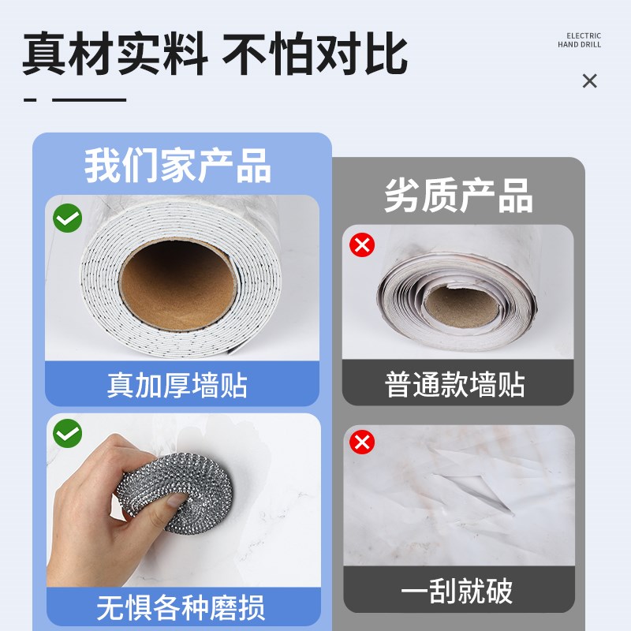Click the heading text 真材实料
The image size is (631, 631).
tap(114, 54)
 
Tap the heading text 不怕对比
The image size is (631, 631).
tap(315, 54)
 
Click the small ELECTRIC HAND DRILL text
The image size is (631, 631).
tap(579, 40)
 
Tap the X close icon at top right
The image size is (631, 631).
tap(589, 80)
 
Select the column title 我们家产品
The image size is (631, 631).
tap(178, 166)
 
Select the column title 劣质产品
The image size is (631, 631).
tap(458, 194)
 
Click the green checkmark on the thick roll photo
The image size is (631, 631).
tap(68, 217)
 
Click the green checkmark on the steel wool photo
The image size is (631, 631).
tap(68, 433)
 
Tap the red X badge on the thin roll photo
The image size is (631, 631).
tap(362, 245)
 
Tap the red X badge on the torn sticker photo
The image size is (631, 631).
tap(362, 442)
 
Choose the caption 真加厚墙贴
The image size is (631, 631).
tap(177, 386)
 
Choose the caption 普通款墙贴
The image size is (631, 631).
tap(455, 386)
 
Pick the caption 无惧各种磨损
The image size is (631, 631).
tap(181, 607)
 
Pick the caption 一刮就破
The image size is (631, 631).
tap(457, 591)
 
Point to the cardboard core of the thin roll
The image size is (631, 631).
tap(457, 304)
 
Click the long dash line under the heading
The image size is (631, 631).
tap(89, 99)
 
